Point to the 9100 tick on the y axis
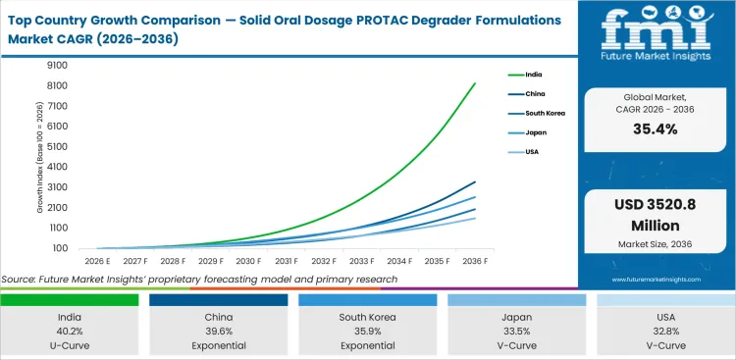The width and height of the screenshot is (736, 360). [56, 66]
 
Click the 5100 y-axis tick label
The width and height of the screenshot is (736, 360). [56, 147]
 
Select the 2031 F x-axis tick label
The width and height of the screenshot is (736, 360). [287, 261]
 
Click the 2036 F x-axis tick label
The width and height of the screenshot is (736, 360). [476, 261]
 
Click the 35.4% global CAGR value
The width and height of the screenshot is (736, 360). [655, 129]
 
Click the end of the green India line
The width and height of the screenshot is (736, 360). [476, 84]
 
